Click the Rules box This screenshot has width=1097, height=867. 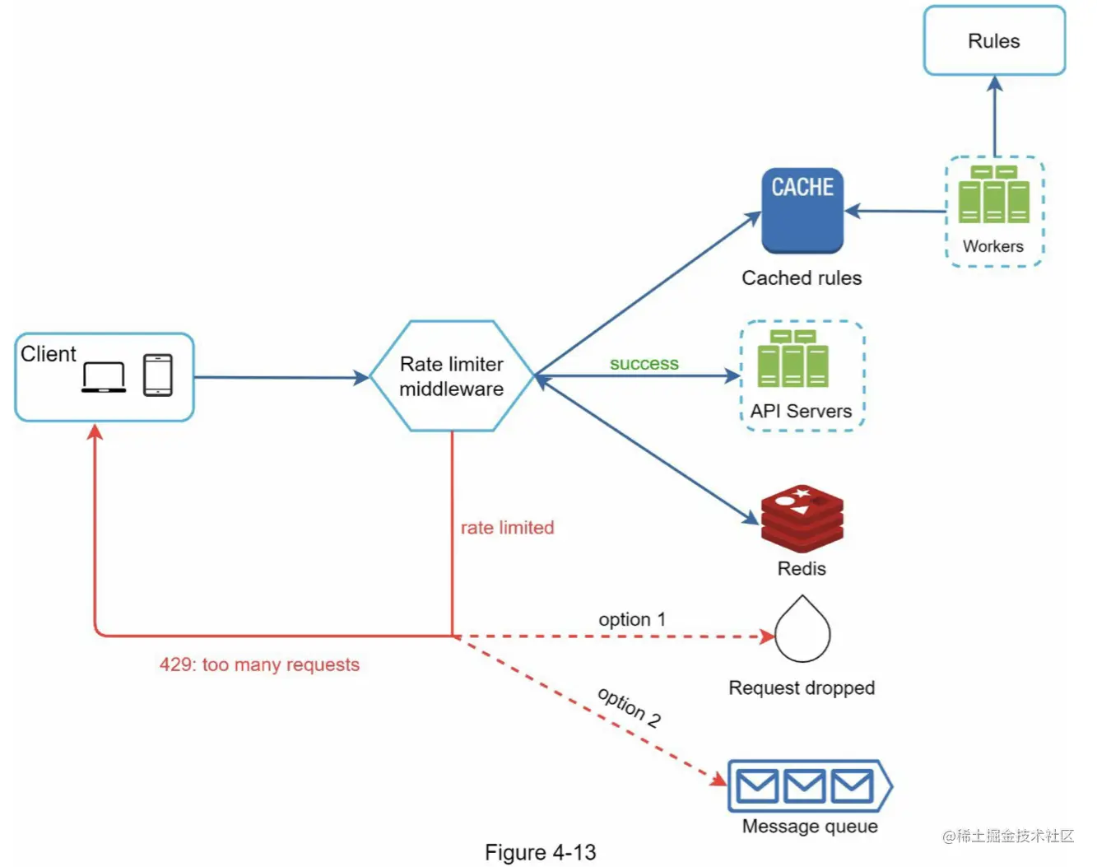[994, 41]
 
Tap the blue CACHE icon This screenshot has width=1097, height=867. [802, 211]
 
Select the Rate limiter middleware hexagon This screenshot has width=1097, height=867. [452, 376]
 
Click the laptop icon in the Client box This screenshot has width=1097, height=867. [104, 377]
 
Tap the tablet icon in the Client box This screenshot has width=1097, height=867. [158, 375]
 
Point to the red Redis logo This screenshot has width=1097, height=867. [802, 518]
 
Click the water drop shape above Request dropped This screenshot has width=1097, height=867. [802, 631]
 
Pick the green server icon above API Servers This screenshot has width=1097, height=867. [793, 359]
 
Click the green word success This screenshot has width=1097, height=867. [644, 363]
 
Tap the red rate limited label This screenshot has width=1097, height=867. [507, 528]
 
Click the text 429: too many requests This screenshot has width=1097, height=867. [259, 664]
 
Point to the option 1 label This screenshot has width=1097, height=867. [632, 619]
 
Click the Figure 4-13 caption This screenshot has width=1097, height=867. [541, 852]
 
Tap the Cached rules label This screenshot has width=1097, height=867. [802, 278]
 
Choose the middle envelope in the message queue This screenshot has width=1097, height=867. [804, 786]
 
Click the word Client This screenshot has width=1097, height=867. [49, 354]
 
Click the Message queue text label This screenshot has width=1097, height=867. [810, 827]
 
